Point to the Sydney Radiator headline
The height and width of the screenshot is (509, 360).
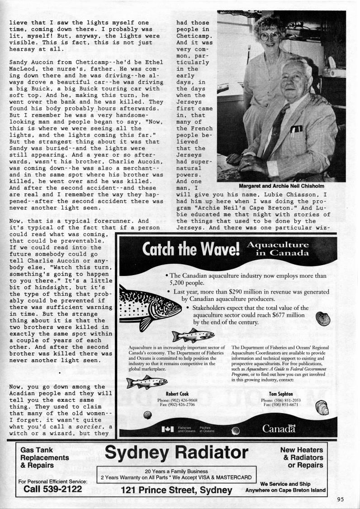pyautogui.click(x=176, y=452)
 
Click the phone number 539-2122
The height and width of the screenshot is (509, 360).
pyautogui.click(x=52, y=490)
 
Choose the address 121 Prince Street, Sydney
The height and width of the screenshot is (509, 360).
pyautogui.click(x=176, y=490)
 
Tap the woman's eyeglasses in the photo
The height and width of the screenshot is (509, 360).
pyautogui.click(x=270, y=35)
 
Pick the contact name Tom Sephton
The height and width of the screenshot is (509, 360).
pyautogui.click(x=281, y=394)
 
